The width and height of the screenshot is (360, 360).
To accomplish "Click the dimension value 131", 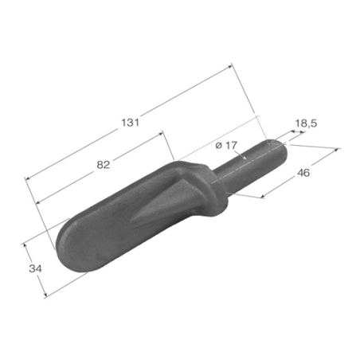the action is click(x=130, y=123).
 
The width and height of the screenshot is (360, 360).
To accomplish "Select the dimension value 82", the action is click(x=103, y=165).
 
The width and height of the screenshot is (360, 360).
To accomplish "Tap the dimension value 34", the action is click(x=35, y=268).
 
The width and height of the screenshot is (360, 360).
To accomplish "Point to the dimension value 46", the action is click(x=303, y=173).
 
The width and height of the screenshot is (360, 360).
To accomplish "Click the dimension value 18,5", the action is click(x=306, y=123).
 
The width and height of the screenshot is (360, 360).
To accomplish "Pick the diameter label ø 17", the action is click(x=226, y=145).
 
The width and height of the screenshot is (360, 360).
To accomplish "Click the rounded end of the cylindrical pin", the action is click(x=281, y=150).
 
